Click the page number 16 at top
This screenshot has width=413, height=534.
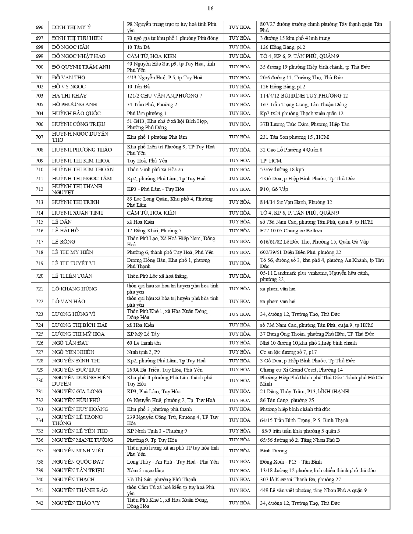(210, 9)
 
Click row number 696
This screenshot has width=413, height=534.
(40, 27)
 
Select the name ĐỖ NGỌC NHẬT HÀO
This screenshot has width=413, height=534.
(79, 56)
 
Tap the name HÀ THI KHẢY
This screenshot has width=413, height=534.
(69, 96)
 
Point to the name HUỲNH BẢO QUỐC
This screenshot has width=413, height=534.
(76, 114)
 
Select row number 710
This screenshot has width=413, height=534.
(40, 170)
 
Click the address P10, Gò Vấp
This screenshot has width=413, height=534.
(274, 189)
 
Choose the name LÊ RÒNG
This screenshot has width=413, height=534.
(63, 242)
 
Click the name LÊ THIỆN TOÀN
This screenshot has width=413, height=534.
(72, 276)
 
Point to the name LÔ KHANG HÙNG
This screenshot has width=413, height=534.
(74, 289)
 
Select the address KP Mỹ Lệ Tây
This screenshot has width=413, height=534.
(143, 334)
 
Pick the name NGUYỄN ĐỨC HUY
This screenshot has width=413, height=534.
(76, 370)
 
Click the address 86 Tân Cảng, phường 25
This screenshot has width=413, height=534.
(286, 400)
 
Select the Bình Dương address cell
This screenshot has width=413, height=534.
(273, 451)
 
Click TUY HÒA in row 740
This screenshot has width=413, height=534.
(239, 480)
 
